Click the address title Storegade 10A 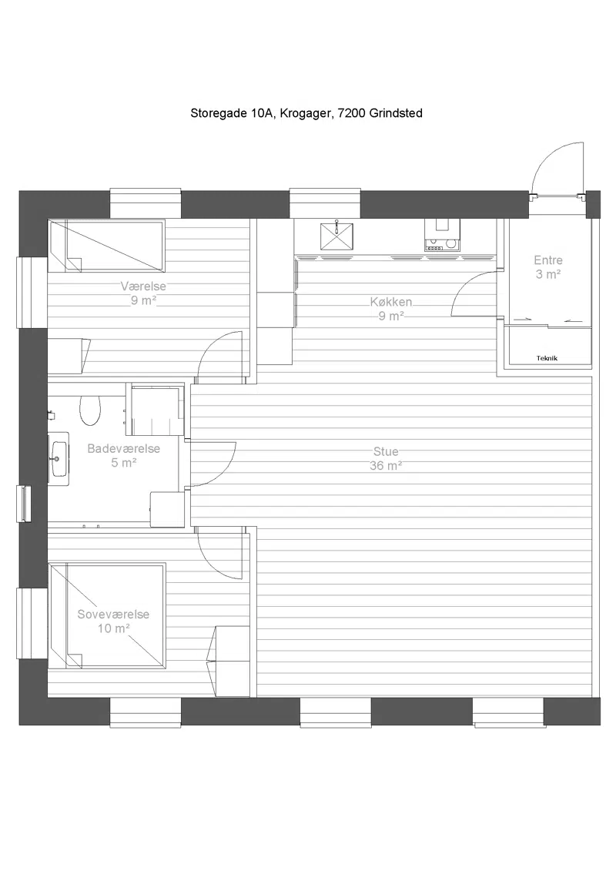[x=233, y=113]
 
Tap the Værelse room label [x=143, y=286]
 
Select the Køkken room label [x=391, y=302]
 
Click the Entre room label [x=548, y=260]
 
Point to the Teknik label [x=547, y=358]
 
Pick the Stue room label [x=386, y=451]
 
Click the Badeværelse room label [x=123, y=449]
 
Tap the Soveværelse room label [x=113, y=615]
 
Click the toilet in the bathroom [x=89, y=410]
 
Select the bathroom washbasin [x=59, y=459]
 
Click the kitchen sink [x=336, y=236]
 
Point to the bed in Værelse [x=106, y=246]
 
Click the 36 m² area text [x=386, y=465]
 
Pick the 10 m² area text [x=113, y=628]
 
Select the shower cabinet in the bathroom [x=156, y=410]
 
